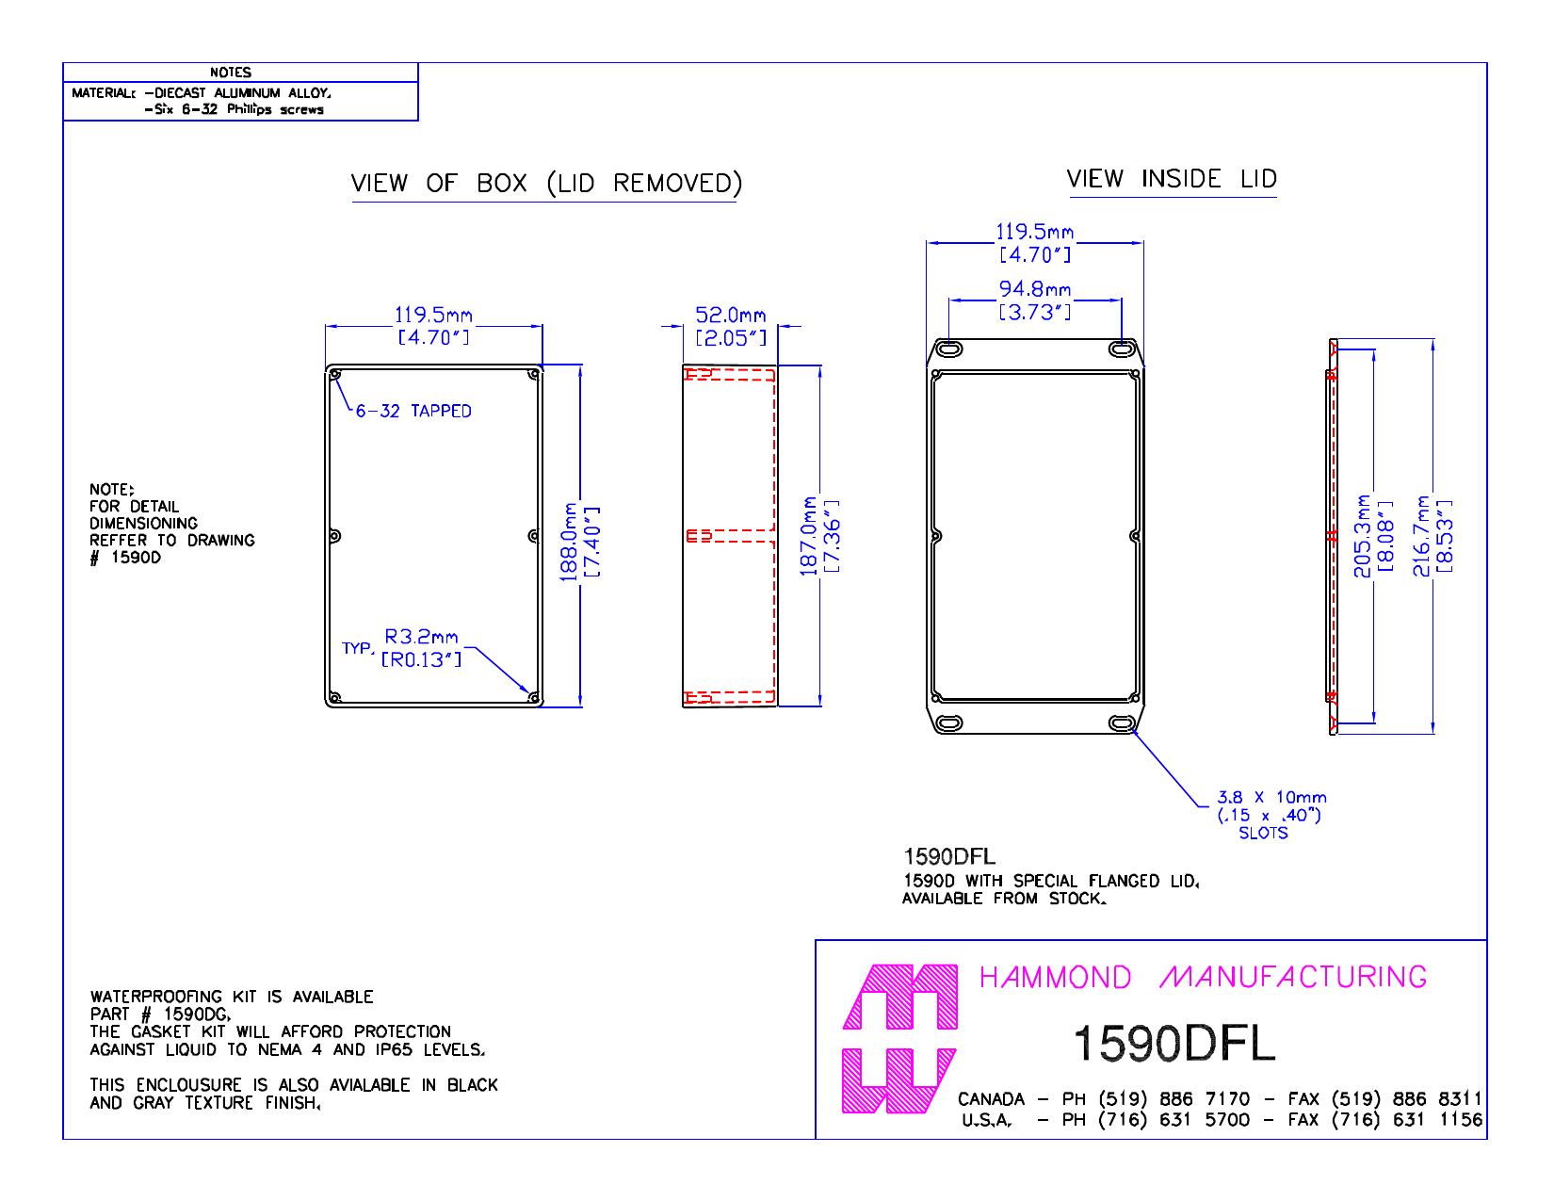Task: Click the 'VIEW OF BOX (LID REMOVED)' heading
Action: tap(546, 183)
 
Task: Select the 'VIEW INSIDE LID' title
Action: tap(1172, 179)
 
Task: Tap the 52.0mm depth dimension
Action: tap(731, 326)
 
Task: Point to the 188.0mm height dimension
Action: tap(579, 542)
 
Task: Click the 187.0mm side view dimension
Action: tap(819, 537)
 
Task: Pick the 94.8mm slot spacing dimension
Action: tap(1035, 300)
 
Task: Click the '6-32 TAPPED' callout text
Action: tap(413, 412)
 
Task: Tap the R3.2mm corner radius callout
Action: tap(421, 648)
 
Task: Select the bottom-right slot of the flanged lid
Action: tap(1122, 723)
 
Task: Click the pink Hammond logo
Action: tap(899, 1039)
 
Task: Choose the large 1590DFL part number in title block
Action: tap(1174, 1044)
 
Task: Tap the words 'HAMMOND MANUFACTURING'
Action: tap(1203, 977)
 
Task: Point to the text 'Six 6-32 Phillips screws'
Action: tap(235, 109)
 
